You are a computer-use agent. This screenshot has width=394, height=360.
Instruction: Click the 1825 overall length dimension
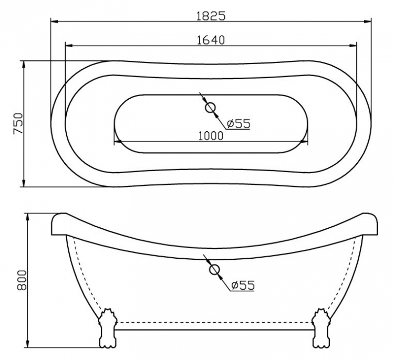[211, 16]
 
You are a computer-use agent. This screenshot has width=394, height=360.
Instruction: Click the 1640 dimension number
[211, 40]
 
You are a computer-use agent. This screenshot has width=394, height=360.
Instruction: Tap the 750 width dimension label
[18, 124]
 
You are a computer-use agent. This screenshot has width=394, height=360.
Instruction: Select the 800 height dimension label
[22, 280]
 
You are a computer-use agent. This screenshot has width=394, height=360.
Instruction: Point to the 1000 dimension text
[211, 136]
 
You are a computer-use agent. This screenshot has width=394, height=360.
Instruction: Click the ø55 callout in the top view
[239, 123]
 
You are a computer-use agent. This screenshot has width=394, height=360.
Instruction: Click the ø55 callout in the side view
[243, 285]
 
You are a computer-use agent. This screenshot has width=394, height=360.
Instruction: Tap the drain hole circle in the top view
[210, 108]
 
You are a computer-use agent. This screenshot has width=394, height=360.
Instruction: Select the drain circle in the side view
[214, 270]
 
